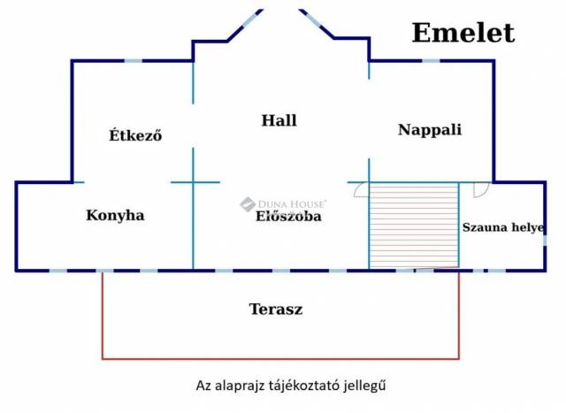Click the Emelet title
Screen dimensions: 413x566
(463, 33)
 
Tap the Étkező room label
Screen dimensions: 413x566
(135, 135)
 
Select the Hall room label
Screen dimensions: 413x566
(279, 120)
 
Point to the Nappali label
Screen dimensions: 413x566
(430, 129)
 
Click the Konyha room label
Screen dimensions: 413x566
(115, 215)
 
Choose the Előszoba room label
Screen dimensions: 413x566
(288, 216)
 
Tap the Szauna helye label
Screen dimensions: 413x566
(501, 226)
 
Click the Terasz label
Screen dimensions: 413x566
(276, 310)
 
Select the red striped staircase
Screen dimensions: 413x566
(413, 226)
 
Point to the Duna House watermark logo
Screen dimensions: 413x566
(248, 205)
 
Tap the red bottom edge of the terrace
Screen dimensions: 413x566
(280, 359)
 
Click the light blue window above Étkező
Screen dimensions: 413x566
(132, 60)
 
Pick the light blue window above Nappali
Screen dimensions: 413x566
(431, 60)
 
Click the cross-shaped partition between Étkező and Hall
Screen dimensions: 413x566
(194, 182)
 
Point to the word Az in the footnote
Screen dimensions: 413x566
(203, 386)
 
